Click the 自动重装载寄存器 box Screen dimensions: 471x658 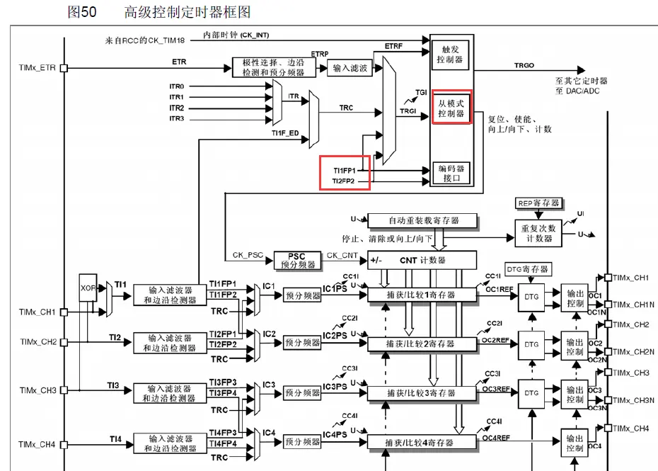click(x=422, y=220)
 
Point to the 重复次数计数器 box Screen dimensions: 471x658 click(x=539, y=233)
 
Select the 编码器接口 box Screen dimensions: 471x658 click(x=451, y=173)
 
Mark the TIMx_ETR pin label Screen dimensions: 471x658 click(x=37, y=68)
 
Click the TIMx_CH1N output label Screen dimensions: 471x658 click(x=633, y=305)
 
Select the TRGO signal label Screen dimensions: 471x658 click(x=524, y=65)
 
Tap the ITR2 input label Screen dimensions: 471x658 click(x=176, y=108)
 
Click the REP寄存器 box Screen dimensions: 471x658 click(x=539, y=203)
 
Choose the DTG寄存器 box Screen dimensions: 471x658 click(x=527, y=269)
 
